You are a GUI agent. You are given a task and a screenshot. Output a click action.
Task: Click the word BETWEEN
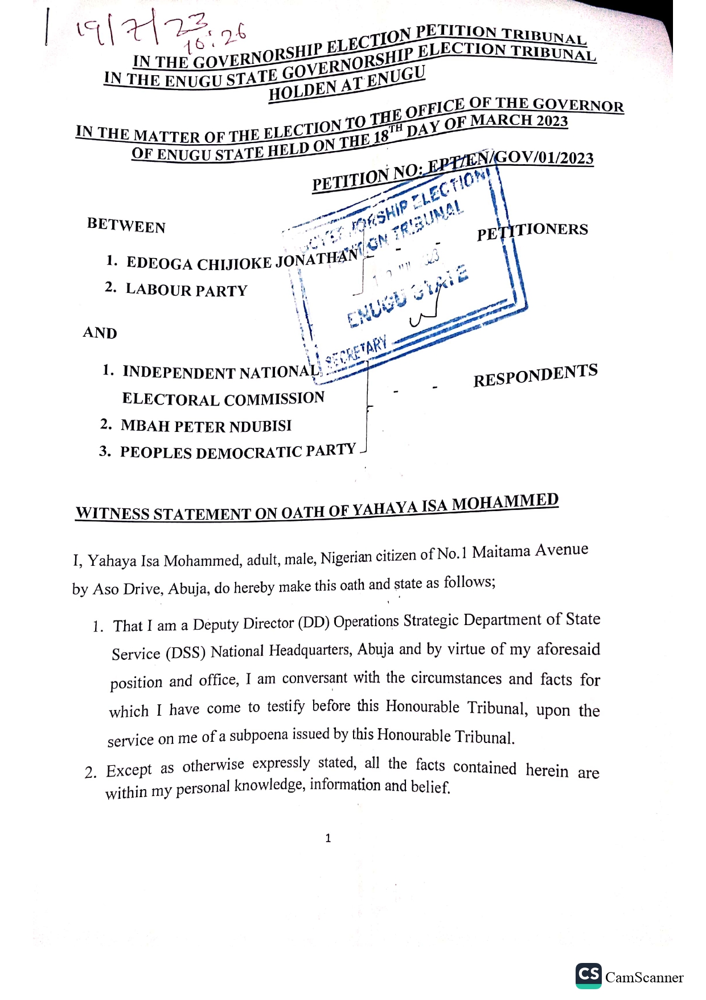click(x=126, y=226)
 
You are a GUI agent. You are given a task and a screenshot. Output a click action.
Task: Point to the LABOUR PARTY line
click(x=186, y=290)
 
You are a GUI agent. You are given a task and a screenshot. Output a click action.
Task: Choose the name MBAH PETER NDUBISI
click(x=206, y=426)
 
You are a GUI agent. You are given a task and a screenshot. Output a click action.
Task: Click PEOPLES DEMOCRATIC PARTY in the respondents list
click(x=238, y=452)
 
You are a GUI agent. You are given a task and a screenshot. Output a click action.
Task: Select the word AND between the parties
click(x=100, y=333)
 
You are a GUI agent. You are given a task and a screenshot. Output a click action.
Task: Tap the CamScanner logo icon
click(x=588, y=975)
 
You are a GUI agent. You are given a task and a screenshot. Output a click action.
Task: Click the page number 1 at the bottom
click(x=328, y=838)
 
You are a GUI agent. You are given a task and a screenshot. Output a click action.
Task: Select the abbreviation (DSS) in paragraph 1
click(x=186, y=652)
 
